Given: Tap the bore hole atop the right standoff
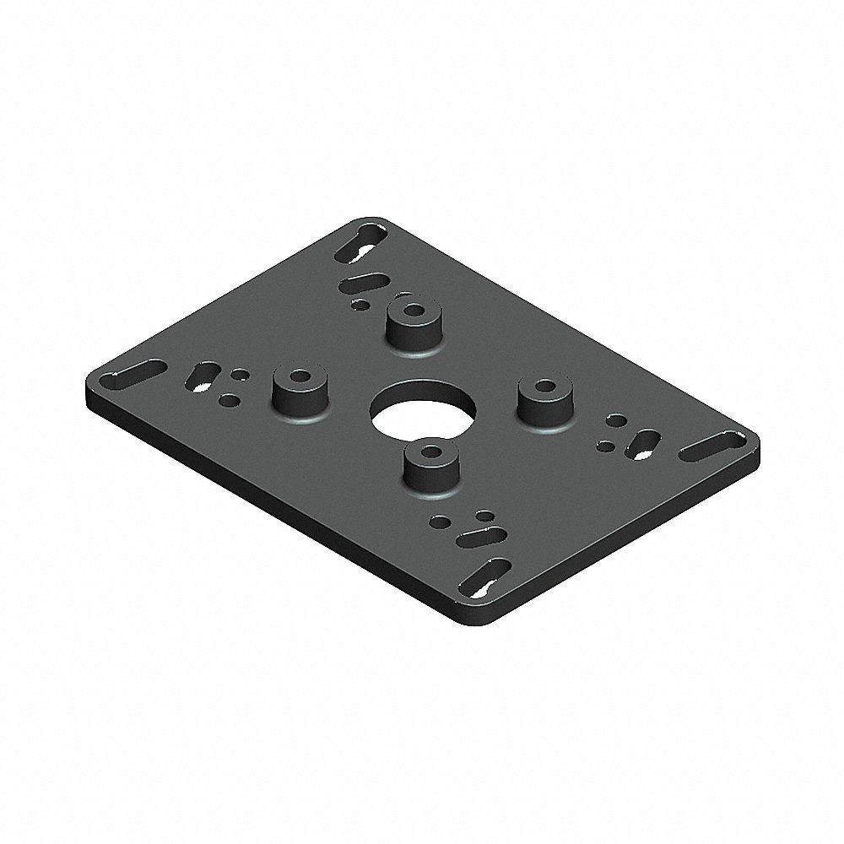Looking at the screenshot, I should point(543,388).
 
